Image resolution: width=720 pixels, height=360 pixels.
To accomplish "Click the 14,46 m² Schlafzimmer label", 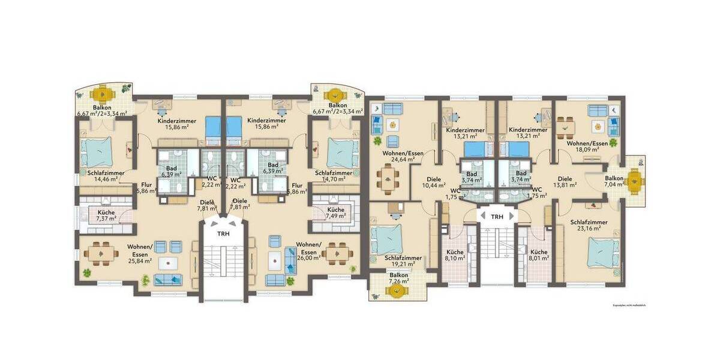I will click(106, 176).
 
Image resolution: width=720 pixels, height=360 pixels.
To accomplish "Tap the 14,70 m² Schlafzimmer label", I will click(333, 176).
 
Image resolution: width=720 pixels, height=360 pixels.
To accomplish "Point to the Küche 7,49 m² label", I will click(335, 213).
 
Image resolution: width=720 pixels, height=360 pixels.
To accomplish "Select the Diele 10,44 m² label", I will click(433, 182).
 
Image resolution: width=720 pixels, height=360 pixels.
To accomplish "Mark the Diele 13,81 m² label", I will click(565, 182).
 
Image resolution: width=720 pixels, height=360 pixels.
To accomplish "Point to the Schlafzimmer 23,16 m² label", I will click(589, 225).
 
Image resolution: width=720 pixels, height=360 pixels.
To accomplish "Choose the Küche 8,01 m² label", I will click(538, 256).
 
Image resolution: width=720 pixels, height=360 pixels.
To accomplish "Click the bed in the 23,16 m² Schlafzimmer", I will click(601, 251).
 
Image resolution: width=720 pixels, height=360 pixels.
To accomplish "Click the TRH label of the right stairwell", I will click(497, 217).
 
